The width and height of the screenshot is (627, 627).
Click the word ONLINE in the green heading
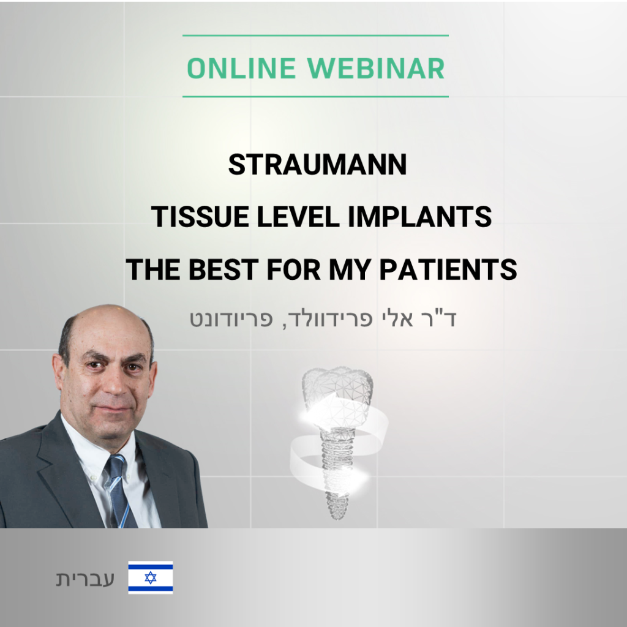click(x=241, y=69)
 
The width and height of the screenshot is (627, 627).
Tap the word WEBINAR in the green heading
click(x=376, y=69)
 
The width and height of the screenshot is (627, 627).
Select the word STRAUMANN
click(x=318, y=165)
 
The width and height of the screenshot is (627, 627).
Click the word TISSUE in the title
click(x=200, y=217)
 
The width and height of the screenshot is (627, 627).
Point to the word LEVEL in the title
click(x=298, y=217)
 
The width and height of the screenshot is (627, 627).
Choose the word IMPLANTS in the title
click(x=420, y=217)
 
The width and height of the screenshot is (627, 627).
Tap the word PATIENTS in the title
click(x=448, y=269)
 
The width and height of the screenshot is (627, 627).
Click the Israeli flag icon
click(x=151, y=577)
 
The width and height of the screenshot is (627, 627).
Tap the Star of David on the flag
click(x=151, y=577)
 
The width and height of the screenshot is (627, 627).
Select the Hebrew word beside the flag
click(x=85, y=579)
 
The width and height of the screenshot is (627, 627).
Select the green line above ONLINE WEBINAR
click(x=315, y=36)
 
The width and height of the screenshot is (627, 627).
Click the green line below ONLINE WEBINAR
click(x=315, y=97)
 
